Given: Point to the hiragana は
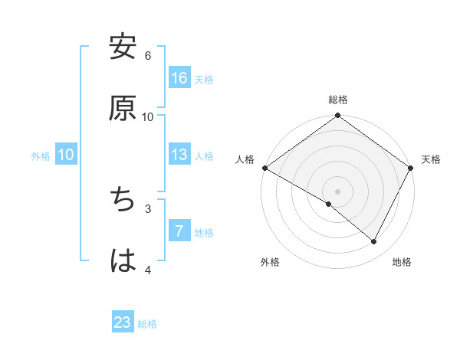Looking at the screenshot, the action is [x=123, y=260].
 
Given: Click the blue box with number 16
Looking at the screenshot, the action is [x=179, y=78].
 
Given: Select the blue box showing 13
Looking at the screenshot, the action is [x=179, y=155].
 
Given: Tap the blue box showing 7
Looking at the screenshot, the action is [x=179, y=231].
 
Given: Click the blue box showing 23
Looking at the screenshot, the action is [x=123, y=323].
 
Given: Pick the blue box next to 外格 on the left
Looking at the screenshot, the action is [x=66, y=155].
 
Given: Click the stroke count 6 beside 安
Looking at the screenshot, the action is [x=148, y=55].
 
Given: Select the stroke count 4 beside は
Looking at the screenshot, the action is [x=148, y=270].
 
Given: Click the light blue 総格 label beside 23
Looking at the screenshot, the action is [x=148, y=324].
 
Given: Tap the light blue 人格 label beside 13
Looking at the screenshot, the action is [x=204, y=155].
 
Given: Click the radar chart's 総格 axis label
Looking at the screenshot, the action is [x=338, y=100].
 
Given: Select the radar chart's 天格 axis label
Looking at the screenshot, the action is [x=431, y=159].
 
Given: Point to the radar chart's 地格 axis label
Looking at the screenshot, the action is [x=402, y=263].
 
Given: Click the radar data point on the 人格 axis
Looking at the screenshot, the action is [x=264, y=168].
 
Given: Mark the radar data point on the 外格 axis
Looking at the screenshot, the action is [x=329, y=204].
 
